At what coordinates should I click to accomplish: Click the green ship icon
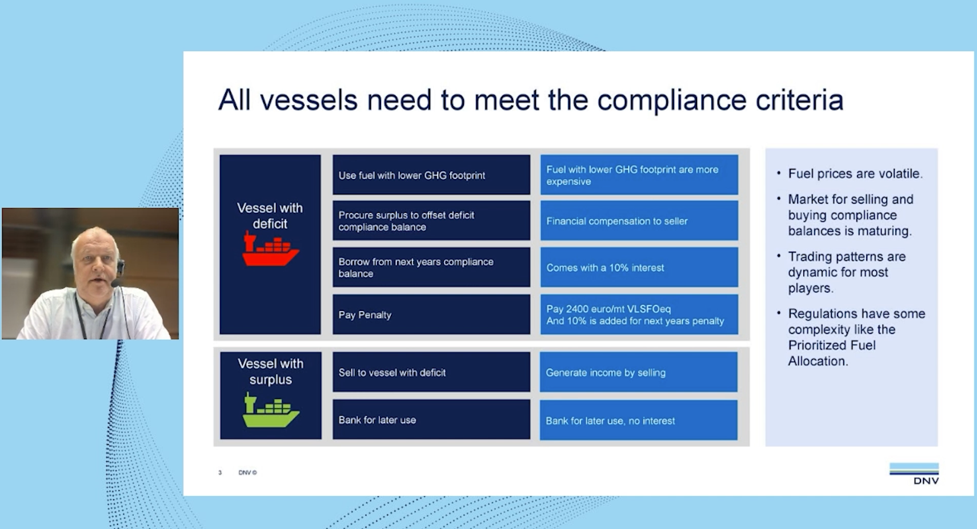pyautogui.click(x=270, y=410)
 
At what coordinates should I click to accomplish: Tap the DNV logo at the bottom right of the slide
pyautogui.click(x=914, y=474)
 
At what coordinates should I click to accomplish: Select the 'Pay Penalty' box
pyautogui.click(x=431, y=314)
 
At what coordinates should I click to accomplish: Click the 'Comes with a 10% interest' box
pyautogui.click(x=639, y=267)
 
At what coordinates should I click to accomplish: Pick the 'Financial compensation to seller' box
pyautogui.click(x=639, y=221)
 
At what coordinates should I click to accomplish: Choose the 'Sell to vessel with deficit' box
pyautogui.click(x=431, y=372)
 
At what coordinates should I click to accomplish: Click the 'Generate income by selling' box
pyautogui.click(x=638, y=372)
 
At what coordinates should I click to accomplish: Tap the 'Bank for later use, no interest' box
pyautogui.click(x=638, y=421)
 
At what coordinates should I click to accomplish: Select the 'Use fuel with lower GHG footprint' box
pyautogui.click(x=431, y=175)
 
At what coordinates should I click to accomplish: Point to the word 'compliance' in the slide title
pyautogui.click(x=671, y=100)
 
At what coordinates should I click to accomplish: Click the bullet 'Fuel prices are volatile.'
pyautogui.click(x=855, y=173)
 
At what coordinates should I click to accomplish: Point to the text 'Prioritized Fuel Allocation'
pyautogui.click(x=831, y=353)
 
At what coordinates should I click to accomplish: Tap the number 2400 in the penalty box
pyautogui.click(x=577, y=309)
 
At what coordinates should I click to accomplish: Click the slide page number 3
pyautogui.click(x=220, y=473)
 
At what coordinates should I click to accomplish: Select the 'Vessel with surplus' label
pyautogui.click(x=270, y=371)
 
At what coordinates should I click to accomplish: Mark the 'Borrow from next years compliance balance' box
pyautogui.click(x=431, y=267)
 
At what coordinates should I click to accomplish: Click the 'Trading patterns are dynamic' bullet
pyautogui.click(x=846, y=272)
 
